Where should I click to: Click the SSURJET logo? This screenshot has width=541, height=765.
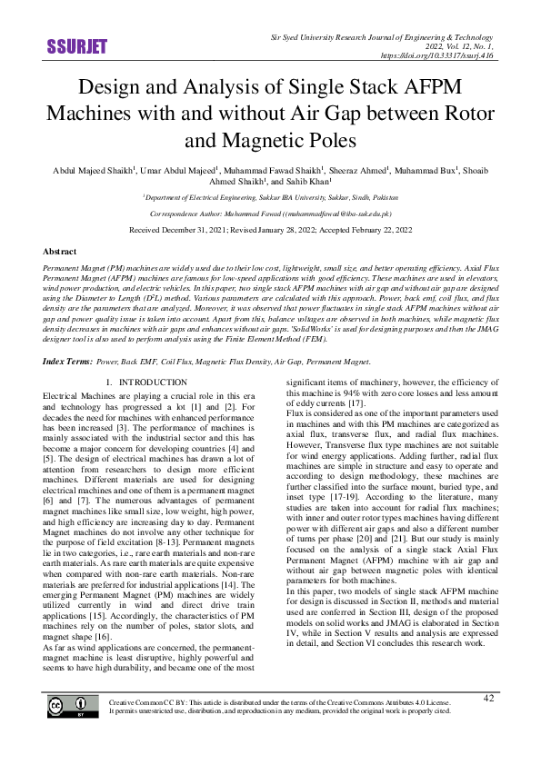pyautogui.click(x=76, y=46)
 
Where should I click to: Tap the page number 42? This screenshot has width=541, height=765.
pyautogui.click(x=488, y=722)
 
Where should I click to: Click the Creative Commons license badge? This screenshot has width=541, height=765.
pyautogui.click(x=73, y=732)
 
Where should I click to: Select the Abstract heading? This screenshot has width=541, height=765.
pyautogui.click(x=60, y=251)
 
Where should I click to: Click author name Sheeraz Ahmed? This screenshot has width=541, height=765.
pyautogui.click(x=356, y=170)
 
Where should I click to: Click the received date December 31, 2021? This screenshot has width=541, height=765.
pyautogui.click(x=201, y=231)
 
